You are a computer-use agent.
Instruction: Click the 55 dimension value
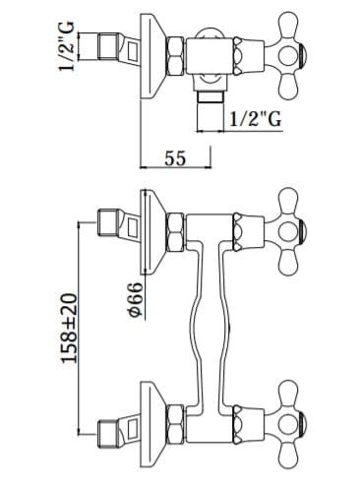175,158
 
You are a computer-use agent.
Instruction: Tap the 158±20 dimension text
70,329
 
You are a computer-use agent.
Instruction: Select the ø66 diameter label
136,300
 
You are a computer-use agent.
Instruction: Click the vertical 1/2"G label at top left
66,46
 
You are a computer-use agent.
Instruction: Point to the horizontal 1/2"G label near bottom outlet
255,119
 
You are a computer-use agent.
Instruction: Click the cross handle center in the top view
288,55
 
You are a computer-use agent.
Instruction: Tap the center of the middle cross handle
288,231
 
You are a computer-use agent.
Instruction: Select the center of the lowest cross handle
288,424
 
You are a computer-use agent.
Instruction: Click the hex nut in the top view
175,56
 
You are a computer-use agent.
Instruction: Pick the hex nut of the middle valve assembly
175,232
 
